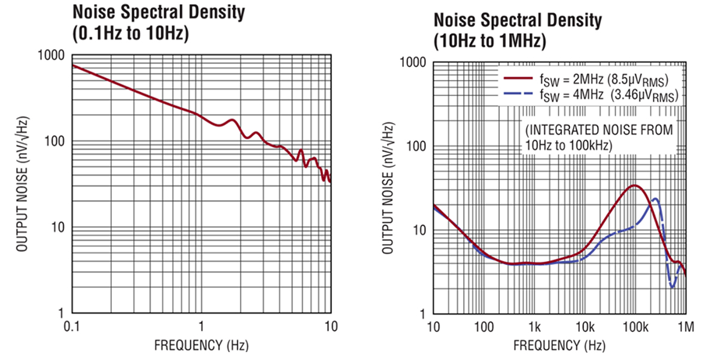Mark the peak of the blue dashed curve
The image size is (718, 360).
click(x=655, y=199)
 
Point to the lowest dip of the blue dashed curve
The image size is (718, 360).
click(x=673, y=287)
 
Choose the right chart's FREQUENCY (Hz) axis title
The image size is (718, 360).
click(x=559, y=345)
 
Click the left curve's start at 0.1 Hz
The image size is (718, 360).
click(x=72, y=65)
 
